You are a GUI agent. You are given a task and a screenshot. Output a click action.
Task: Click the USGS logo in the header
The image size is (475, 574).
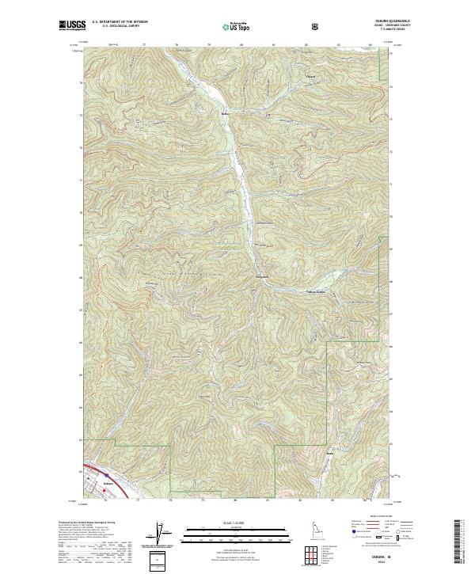click(x=72, y=26)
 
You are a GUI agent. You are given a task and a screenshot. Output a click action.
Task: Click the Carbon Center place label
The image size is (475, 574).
click(x=317, y=291)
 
